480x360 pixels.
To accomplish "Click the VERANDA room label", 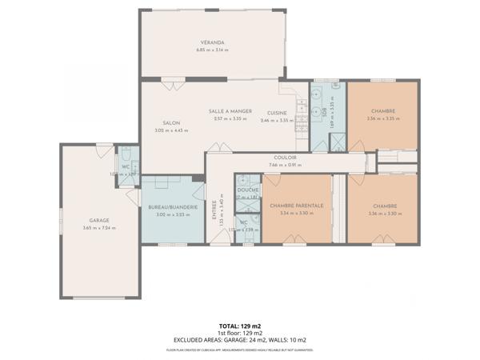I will pos(212,42).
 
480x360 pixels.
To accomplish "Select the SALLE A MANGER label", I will pos(230,111).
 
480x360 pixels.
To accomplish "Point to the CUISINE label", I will pos(278,112).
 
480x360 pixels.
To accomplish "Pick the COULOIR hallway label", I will pos(286,158).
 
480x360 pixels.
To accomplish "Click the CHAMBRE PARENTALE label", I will pos(297,206).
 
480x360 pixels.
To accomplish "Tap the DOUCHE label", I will pos(247,190).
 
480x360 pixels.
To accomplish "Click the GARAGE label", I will pos(99,220).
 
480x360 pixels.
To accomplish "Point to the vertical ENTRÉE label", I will pos(214,210).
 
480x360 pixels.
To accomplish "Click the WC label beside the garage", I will pos(126,166).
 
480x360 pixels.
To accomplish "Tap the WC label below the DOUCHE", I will pos(244,222).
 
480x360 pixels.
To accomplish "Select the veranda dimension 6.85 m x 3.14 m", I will pos(212,50).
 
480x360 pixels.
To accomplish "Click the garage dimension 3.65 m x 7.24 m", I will pos(99,228).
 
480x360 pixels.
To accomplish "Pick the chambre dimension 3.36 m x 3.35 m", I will pos(382,119).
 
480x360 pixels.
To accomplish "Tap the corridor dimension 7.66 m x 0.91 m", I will pos(286,166).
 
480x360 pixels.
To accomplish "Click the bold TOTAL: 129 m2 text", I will pos(240,326).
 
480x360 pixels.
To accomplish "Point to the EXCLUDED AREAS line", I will pos(240,340).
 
